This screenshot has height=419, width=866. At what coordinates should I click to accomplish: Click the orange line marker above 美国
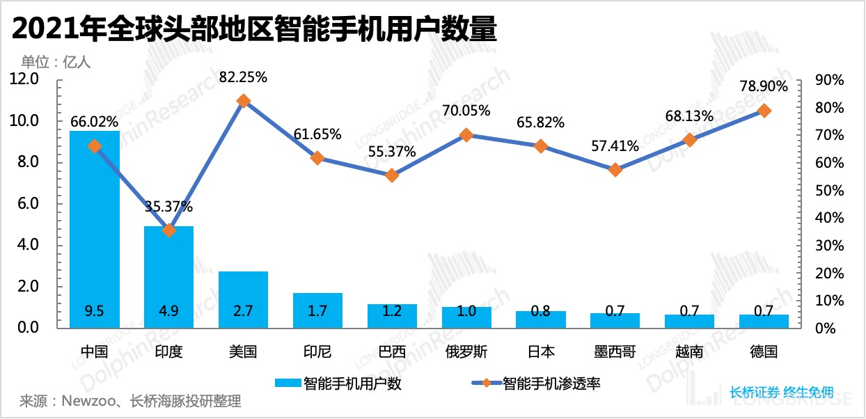coord(243,101)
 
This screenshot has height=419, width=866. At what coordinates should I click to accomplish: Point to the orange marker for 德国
coord(764,111)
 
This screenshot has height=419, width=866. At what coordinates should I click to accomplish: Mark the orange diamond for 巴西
coord(392,175)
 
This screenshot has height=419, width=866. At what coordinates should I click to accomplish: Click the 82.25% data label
coord(243,78)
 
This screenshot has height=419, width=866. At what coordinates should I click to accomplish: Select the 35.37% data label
coord(168,207)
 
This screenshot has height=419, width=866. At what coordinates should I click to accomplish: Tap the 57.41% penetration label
coord(615,146)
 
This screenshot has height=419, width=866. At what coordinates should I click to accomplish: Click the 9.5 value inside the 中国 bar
coord(95,311)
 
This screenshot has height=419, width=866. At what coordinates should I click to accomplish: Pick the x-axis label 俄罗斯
coord(466,351)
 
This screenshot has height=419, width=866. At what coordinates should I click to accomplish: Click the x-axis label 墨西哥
coord(615,351)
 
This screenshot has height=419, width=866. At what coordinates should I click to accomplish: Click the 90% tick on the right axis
coord(829,80)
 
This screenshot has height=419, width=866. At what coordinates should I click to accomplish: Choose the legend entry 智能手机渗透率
coord(536,383)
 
